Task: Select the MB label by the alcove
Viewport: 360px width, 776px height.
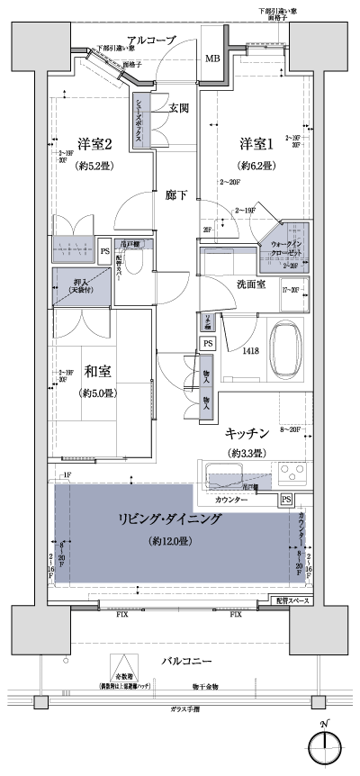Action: tap(212, 60)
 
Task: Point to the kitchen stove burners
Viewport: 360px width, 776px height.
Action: tap(292, 473)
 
